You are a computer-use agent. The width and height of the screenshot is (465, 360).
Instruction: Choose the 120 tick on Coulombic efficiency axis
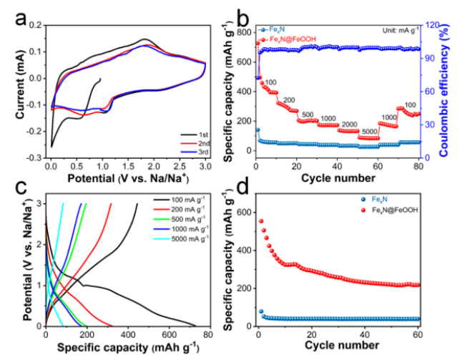coord(434,25)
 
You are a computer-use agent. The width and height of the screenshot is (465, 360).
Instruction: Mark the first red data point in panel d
coord(261,221)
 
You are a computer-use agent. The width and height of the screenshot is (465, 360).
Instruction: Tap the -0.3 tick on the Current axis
coord(34,157)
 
